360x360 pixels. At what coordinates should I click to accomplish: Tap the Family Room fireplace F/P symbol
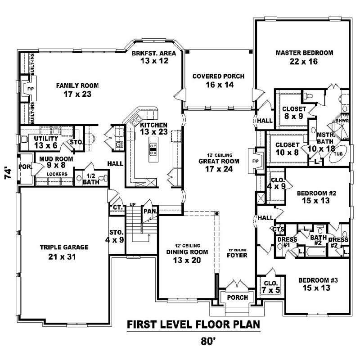point(30,89)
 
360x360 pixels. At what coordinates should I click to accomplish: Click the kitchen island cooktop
point(153,148)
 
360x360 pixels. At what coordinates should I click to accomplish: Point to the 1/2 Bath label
point(91,179)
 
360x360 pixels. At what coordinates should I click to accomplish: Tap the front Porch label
point(237,297)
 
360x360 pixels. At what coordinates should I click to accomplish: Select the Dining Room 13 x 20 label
point(186,256)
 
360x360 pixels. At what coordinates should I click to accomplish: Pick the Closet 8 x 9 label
point(294,112)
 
